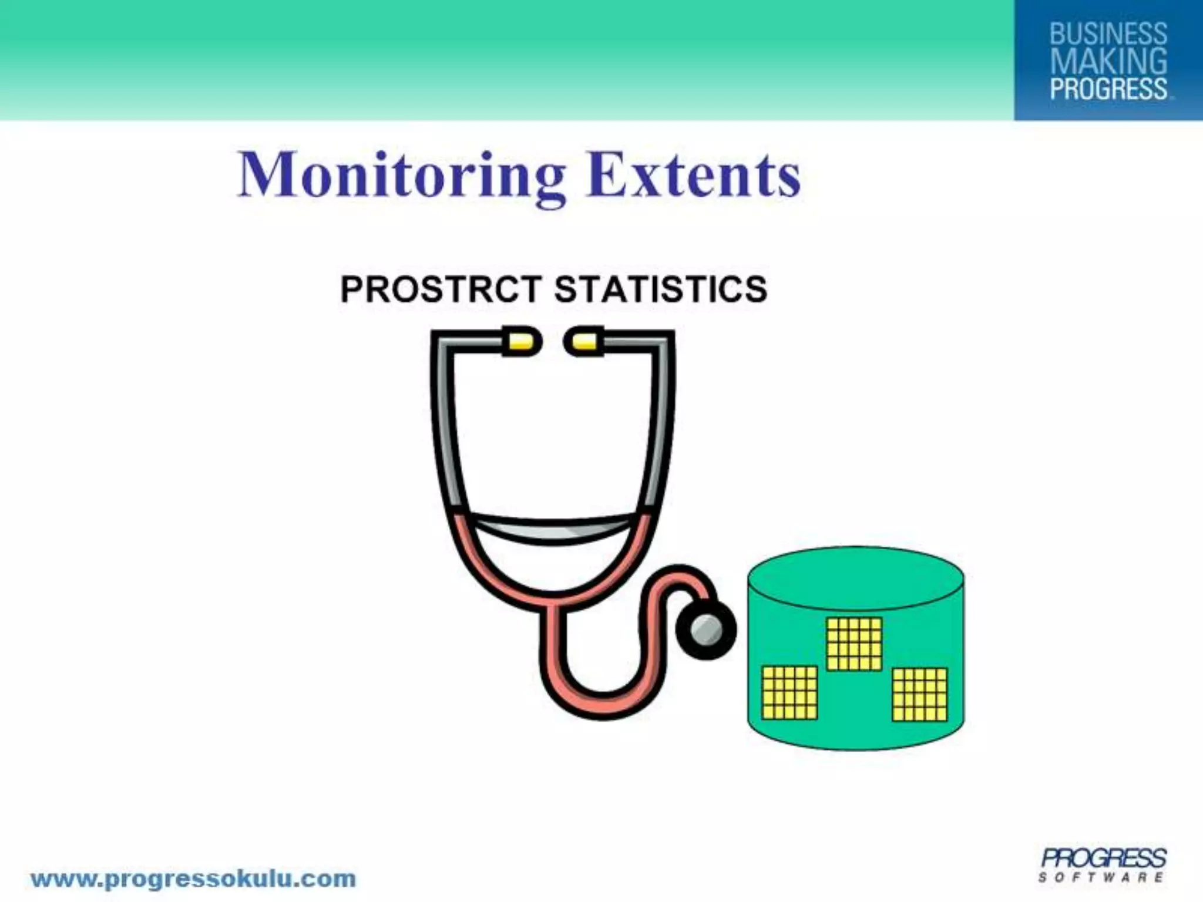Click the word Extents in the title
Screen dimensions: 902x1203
[x=693, y=174]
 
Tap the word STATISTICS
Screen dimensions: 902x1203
[x=660, y=289]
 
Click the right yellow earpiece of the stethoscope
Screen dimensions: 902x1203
[x=584, y=342]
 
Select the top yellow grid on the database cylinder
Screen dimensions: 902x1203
[x=853, y=644]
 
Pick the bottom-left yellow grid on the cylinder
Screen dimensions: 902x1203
[x=789, y=692]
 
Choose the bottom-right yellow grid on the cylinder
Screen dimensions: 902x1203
[x=919, y=694]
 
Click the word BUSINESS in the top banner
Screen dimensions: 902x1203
[x=1108, y=33]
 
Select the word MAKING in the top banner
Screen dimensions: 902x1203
[x=1108, y=61]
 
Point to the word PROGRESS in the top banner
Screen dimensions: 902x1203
[x=1108, y=89]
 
